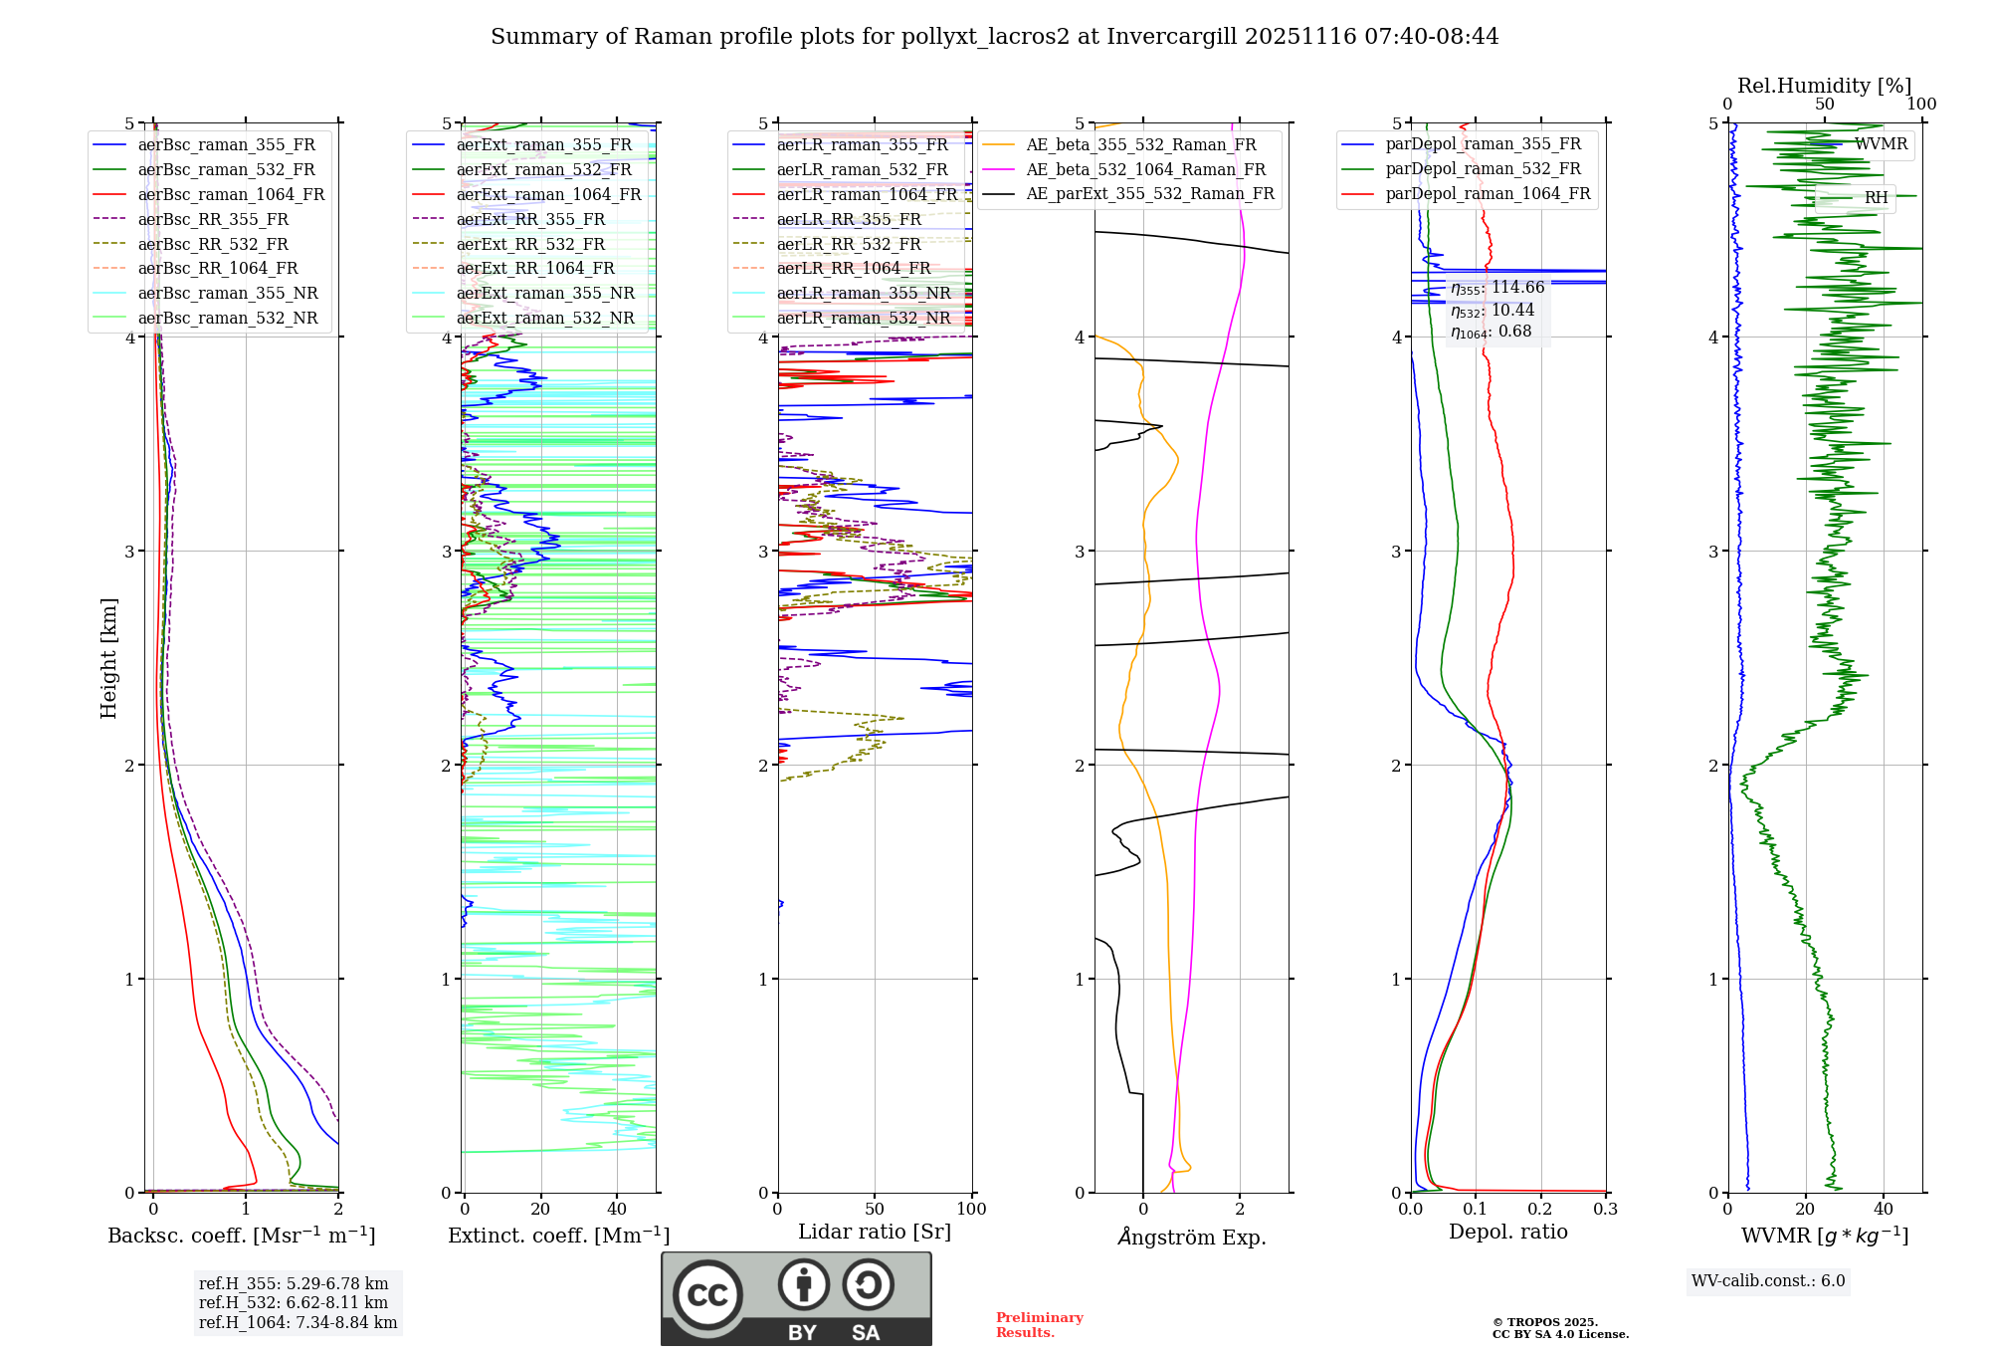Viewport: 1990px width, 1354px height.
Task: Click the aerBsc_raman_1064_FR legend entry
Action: tap(231, 194)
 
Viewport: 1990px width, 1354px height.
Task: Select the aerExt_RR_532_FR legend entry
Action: tap(530, 244)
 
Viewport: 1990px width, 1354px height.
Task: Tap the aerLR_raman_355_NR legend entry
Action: tap(864, 293)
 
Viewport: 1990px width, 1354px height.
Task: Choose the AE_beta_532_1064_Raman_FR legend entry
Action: tap(1145, 169)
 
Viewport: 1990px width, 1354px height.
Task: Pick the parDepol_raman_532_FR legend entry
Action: tap(1483, 169)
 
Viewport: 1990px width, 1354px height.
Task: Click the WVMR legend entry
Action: tap(1881, 144)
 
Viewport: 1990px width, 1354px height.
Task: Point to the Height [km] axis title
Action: tap(108, 658)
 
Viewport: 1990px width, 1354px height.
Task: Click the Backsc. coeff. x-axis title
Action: tap(241, 1236)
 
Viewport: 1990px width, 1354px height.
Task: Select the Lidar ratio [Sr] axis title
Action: tap(875, 1232)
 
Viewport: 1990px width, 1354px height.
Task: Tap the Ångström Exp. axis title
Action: tap(1191, 1238)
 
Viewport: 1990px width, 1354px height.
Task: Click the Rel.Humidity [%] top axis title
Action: tap(1824, 86)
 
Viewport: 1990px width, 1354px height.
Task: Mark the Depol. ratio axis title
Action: tap(1507, 1232)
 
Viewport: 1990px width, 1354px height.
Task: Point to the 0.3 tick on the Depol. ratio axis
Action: tap(1605, 1209)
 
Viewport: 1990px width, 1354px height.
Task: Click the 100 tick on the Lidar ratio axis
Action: tap(971, 1209)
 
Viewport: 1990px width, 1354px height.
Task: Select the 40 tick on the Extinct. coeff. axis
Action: tap(617, 1209)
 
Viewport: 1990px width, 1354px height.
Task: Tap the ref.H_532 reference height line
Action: tap(294, 1302)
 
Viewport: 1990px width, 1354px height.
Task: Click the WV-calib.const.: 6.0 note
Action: tap(1768, 1281)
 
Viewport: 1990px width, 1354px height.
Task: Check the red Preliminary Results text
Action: tap(1039, 1325)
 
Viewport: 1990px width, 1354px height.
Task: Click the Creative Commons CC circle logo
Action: tap(707, 1295)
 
